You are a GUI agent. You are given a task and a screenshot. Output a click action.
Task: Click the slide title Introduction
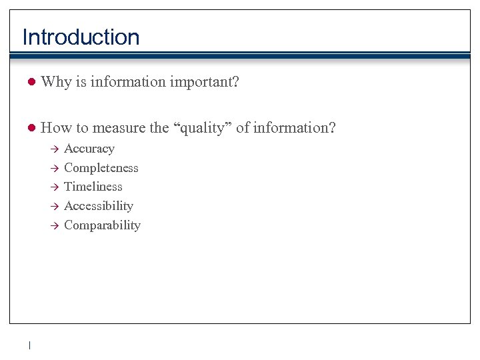tap(81, 37)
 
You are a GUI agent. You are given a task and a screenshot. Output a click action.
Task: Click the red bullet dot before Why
tap(30, 82)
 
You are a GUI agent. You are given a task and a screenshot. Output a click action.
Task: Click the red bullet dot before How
tap(30, 128)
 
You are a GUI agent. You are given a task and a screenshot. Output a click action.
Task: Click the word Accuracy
tap(89, 149)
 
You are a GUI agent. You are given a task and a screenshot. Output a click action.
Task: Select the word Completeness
tap(101, 168)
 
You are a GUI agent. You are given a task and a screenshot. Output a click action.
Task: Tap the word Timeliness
tap(93, 187)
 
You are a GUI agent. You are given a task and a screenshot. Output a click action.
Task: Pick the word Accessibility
tap(98, 206)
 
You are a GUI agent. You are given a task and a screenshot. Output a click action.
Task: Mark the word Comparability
tap(102, 225)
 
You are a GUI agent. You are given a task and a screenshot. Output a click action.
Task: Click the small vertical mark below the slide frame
tap(30, 345)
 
